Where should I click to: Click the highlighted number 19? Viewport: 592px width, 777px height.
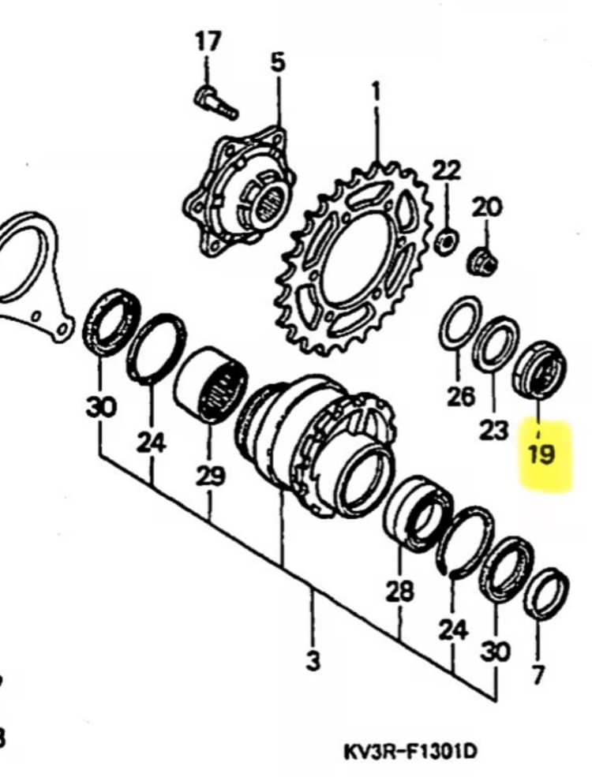pyautogui.click(x=541, y=454)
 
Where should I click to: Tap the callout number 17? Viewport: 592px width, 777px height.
pyautogui.click(x=208, y=42)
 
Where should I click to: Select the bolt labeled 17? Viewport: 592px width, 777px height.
pyautogui.click(x=216, y=103)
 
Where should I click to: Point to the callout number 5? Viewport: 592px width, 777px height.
pyautogui.click(x=278, y=63)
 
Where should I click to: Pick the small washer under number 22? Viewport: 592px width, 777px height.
pyautogui.click(x=447, y=241)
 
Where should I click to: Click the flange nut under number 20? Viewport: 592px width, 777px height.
pyautogui.click(x=483, y=262)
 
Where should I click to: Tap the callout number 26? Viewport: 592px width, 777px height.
pyautogui.click(x=460, y=396)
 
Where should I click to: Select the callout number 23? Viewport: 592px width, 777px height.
pyautogui.click(x=494, y=430)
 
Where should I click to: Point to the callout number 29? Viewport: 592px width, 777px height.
pyautogui.click(x=210, y=476)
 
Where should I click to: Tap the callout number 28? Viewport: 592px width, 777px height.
pyautogui.click(x=399, y=591)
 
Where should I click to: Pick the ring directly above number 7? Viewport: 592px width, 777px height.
pyautogui.click(x=546, y=595)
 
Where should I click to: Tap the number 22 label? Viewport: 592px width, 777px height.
pyautogui.click(x=446, y=171)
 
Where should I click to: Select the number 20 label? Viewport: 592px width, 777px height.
pyautogui.click(x=486, y=207)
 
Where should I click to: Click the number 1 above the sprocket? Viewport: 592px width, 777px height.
pyautogui.click(x=377, y=92)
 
